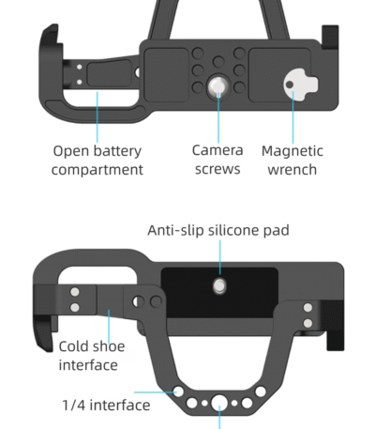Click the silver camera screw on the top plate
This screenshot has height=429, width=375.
(217, 86)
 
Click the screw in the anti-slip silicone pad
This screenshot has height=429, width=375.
(218, 284)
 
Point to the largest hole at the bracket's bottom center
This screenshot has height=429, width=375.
(219, 404)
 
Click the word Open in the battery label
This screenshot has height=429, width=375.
(71, 150)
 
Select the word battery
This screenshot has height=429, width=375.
(120, 150)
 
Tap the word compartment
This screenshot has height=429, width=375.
(97, 170)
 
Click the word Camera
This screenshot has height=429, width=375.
(217, 150)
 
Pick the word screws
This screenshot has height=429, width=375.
(217, 170)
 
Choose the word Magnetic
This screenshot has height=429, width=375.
(292, 150)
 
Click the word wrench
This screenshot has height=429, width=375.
(292, 170)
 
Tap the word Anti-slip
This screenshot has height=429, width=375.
(176, 230)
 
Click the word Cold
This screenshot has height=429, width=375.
(75, 345)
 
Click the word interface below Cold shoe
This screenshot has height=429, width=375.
(88, 364)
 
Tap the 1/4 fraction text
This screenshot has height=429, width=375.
(74, 406)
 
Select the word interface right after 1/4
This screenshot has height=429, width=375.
(119, 406)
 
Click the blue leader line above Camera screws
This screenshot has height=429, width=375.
(217, 117)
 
